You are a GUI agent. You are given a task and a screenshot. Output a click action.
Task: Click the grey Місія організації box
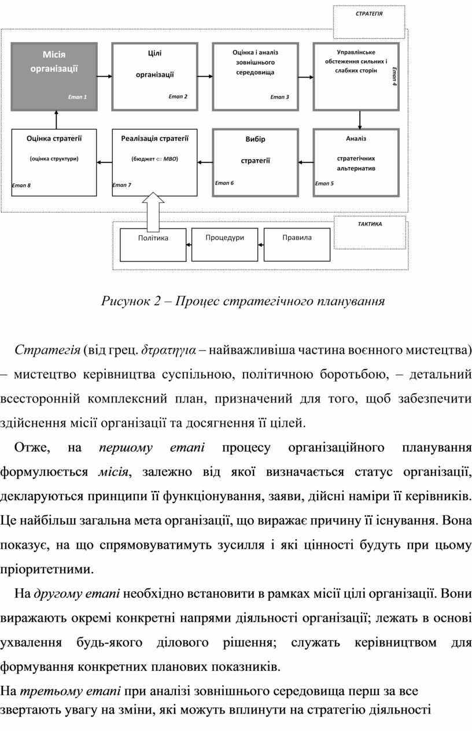(54, 76)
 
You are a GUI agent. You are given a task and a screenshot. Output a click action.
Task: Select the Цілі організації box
(154, 76)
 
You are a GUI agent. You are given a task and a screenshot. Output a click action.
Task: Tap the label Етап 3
(279, 97)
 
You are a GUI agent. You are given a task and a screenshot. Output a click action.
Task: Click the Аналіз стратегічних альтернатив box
(356, 163)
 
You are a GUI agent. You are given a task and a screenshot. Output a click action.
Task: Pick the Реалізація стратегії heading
(154, 138)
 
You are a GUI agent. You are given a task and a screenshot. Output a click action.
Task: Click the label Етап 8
(21, 185)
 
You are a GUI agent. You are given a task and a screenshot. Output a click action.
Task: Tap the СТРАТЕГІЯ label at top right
(369, 12)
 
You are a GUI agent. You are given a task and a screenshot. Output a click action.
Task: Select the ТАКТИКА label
(370, 224)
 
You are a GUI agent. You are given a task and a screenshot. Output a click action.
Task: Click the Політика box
(153, 245)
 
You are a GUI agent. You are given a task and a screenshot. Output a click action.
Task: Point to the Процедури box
(224, 244)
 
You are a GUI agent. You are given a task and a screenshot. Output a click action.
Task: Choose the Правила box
(297, 244)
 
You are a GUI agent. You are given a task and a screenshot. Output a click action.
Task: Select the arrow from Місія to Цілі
(104, 76)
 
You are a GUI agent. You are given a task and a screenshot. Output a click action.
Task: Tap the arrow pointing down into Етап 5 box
(360, 119)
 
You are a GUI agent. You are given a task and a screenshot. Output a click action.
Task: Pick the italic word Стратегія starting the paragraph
(47, 350)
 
